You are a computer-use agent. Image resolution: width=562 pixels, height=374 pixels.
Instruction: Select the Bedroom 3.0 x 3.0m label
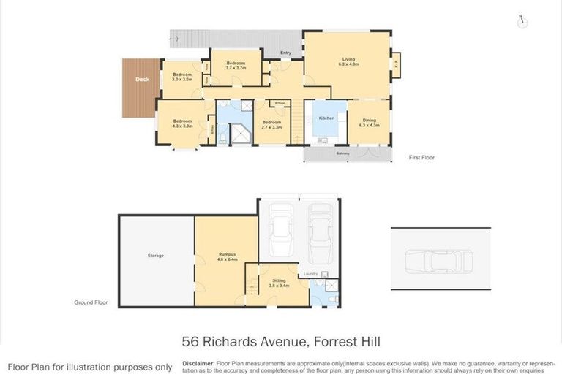click(182, 77)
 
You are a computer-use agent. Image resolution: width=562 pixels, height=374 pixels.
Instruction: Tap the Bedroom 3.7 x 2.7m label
click(236, 66)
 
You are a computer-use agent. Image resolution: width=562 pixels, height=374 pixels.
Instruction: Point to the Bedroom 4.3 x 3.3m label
click(182, 123)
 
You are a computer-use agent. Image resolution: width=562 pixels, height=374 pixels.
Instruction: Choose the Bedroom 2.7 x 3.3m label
click(271, 124)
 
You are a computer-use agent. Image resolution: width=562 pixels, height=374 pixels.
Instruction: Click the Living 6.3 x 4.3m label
click(348, 62)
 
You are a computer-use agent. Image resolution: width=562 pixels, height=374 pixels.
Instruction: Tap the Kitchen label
click(326, 118)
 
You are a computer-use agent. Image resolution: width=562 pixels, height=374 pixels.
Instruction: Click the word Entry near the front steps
click(285, 53)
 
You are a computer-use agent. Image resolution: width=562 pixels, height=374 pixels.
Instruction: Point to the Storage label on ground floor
click(155, 256)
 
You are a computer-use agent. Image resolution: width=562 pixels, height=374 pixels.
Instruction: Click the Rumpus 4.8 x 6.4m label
click(227, 256)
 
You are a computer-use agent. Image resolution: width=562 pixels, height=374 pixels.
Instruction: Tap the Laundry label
click(310, 274)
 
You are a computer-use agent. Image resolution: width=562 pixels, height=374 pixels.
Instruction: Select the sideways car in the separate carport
click(439, 260)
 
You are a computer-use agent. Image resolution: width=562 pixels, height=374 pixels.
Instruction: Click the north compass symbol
click(521, 20)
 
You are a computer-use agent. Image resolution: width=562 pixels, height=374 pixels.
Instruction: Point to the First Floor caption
click(421, 157)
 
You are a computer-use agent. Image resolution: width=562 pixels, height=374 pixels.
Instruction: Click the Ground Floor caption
click(91, 302)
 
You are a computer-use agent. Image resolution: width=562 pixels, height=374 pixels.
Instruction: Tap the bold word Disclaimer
click(198, 363)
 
